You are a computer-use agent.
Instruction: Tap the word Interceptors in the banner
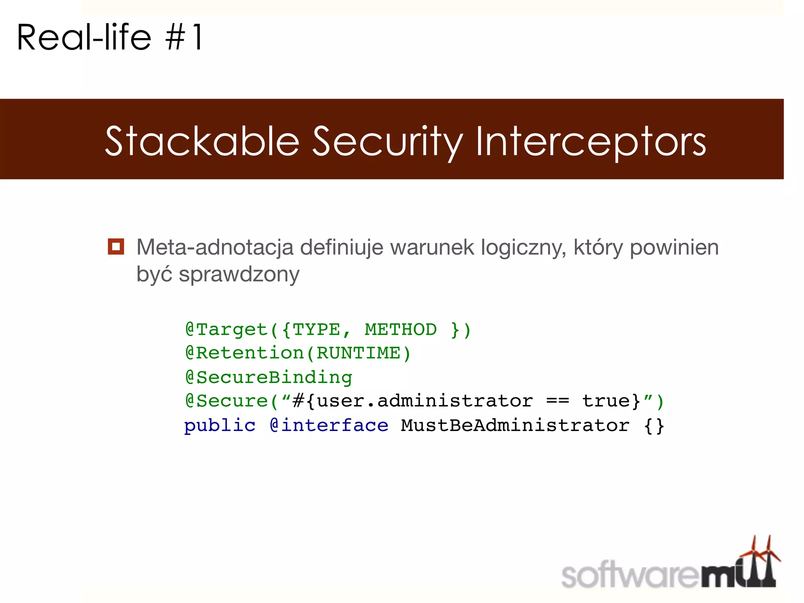click(x=591, y=142)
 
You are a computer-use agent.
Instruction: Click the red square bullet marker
click(x=116, y=247)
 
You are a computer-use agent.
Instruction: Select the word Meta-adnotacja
click(x=215, y=247)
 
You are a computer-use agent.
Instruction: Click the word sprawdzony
click(x=239, y=274)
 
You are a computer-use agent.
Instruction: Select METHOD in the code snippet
click(x=400, y=329)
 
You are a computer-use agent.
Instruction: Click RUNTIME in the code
click(x=358, y=353)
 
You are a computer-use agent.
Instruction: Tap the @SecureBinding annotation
click(x=269, y=377)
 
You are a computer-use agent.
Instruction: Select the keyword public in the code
click(x=220, y=426)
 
